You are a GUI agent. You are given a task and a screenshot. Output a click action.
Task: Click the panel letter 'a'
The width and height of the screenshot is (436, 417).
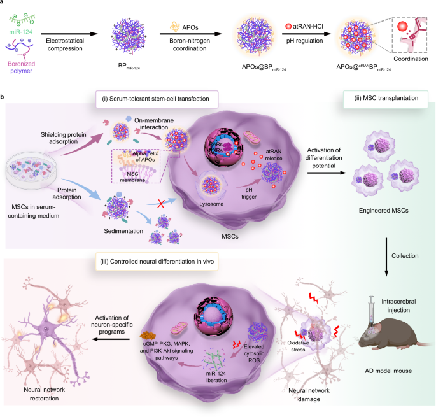pyautogui.click(x=3, y=3)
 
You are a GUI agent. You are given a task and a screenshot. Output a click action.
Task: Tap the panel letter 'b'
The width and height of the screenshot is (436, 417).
pyautogui.click(x=3, y=97)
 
